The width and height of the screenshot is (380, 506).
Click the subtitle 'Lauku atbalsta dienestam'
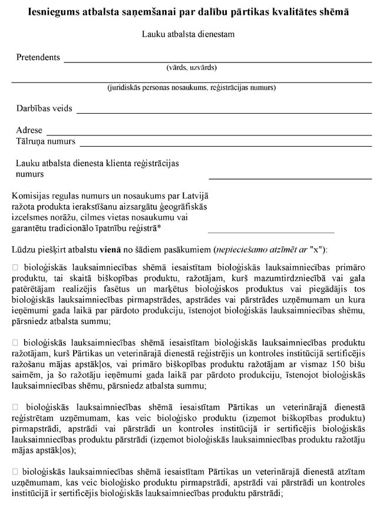tap(188, 34)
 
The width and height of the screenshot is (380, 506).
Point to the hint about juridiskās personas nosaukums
tap(191, 88)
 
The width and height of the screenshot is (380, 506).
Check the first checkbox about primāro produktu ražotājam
tap(16, 268)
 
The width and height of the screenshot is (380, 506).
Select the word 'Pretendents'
tap(38, 58)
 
